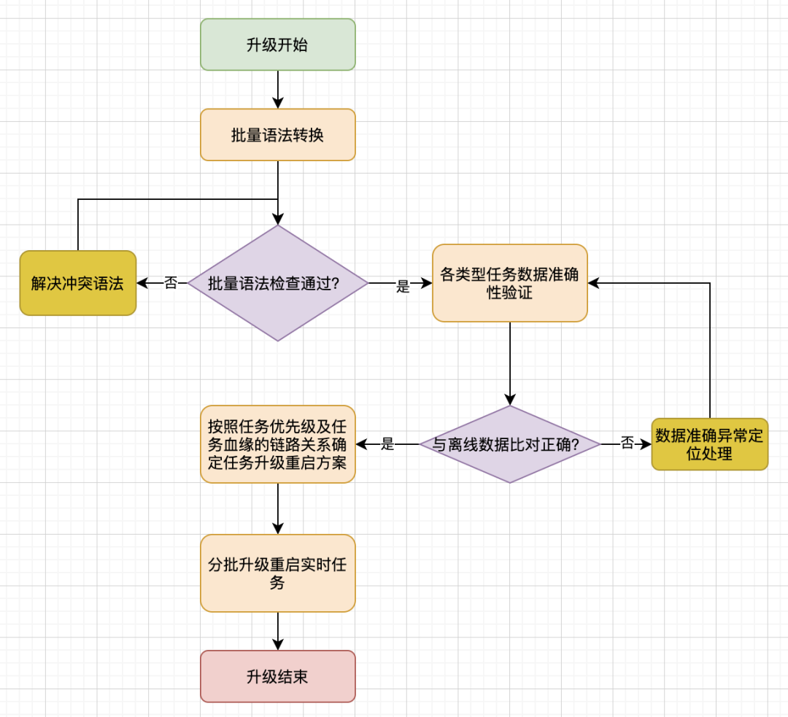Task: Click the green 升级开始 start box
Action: click(x=277, y=44)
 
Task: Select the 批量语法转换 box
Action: click(x=277, y=135)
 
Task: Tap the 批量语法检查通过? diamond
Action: click(x=277, y=283)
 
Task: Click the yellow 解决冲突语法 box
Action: click(x=77, y=283)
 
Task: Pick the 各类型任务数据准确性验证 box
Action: click(x=509, y=283)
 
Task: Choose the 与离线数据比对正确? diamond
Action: click(x=509, y=443)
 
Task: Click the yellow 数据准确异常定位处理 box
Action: click(x=709, y=443)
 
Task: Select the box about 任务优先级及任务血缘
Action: click(x=277, y=443)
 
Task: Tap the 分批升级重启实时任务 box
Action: click(x=277, y=573)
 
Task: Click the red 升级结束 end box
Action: click(x=277, y=676)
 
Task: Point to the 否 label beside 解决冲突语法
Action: click(x=171, y=283)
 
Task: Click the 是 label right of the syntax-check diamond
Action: click(x=403, y=287)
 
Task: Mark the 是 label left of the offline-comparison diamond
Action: click(x=387, y=443)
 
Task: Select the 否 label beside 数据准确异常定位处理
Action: click(x=627, y=443)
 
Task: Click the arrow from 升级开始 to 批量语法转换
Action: click(x=277, y=90)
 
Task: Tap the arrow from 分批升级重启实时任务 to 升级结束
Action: click(x=277, y=631)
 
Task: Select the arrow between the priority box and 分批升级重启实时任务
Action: click(x=277, y=508)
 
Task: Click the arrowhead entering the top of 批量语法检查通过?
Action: click(x=277, y=218)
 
